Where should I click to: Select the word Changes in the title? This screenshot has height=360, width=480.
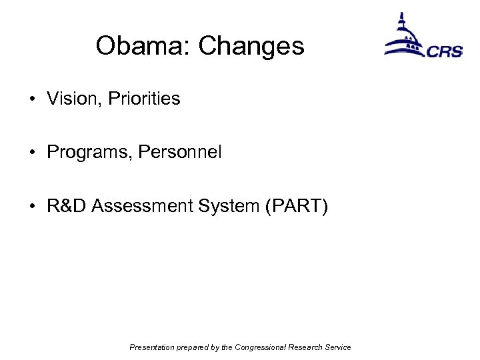251,46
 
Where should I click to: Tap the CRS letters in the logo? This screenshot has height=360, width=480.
445,51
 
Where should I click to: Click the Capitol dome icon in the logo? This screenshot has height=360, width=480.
404,37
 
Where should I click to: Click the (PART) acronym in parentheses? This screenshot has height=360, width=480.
297,207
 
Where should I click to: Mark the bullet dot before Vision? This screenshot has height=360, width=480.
32,100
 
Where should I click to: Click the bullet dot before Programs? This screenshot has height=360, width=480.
32,153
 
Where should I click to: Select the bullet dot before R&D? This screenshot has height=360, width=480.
32,207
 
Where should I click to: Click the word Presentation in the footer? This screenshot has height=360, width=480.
151,347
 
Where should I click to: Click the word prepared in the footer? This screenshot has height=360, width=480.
193,347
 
